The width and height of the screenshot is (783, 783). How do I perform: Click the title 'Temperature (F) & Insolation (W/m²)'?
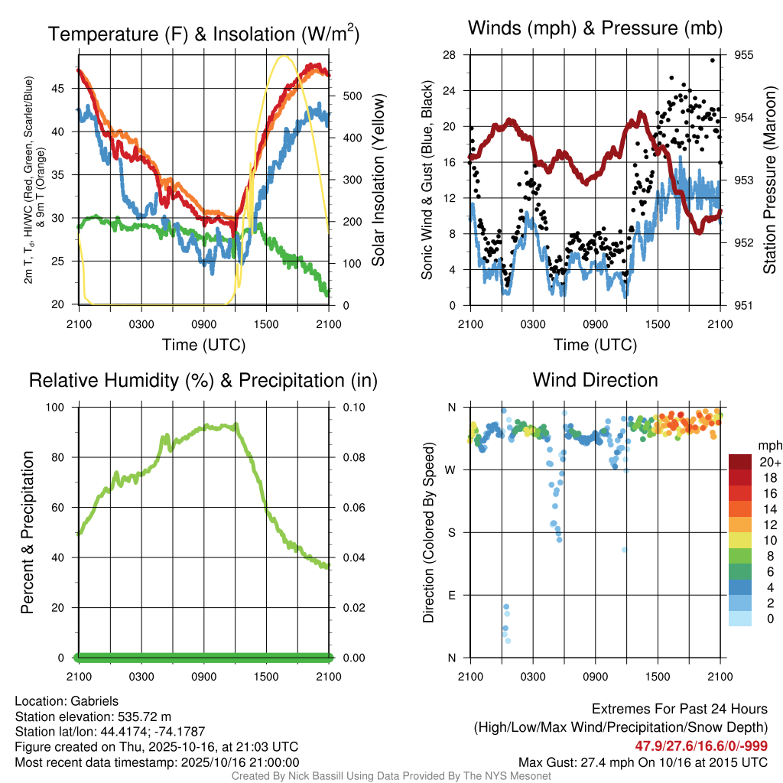click(x=203, y=34)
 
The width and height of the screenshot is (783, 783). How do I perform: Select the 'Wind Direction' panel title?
click(x=595, y=380)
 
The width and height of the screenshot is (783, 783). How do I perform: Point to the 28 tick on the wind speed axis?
click(x=449, y=55)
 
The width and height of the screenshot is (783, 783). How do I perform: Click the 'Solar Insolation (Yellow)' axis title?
click(x=378, y=180)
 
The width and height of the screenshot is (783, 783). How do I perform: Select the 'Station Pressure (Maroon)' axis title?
click(x=770, y=180)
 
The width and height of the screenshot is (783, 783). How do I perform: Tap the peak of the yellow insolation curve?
click(x=284, y=56)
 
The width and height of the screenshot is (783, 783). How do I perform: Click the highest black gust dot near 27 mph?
click(x=713, y=60)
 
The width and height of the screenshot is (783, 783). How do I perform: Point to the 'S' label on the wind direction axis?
click(x=451, y=532)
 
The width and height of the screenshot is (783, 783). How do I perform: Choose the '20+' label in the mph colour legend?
click(x=768, y=462)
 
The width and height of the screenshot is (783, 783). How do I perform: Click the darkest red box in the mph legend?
click(x=741, y=462)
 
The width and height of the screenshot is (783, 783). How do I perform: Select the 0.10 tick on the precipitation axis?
click(x=353, y=407)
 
